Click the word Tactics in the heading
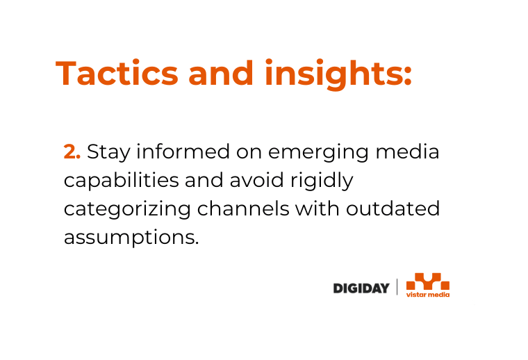pyautogui.click(x=117, y=73)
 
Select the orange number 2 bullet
pyautogui.click(x=72, y=152)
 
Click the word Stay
pyautogui.click(x=108, y=153)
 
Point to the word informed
pyautogui.click(x=183, y=152)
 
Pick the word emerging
pyautogui.click(x=319, y=153)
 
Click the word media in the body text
pyautogui.click(x=407, y=152)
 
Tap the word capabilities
pyautogui.click(x=121, y=181)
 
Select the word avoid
pyautogui.click(x=256, y=180)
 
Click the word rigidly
pyautogui.click(x=322, y=181)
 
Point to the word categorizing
pyautogui.click(x=127, y=209)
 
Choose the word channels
pyautogui.click(x=243, y=208)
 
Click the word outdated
pyautogui.click(x=393, y=208)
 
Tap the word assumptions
pyautogui.click(x=131, y=238)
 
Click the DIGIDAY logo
pyautogui.click(x=361, y=288)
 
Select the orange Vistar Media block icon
pyautogui.click(x=428, y=281)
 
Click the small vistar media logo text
pyautogui.click(x=428, y=295)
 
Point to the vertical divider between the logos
pyautogui.click(x=397, y=287)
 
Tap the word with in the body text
pyautogui.click(x=317, y=208)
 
